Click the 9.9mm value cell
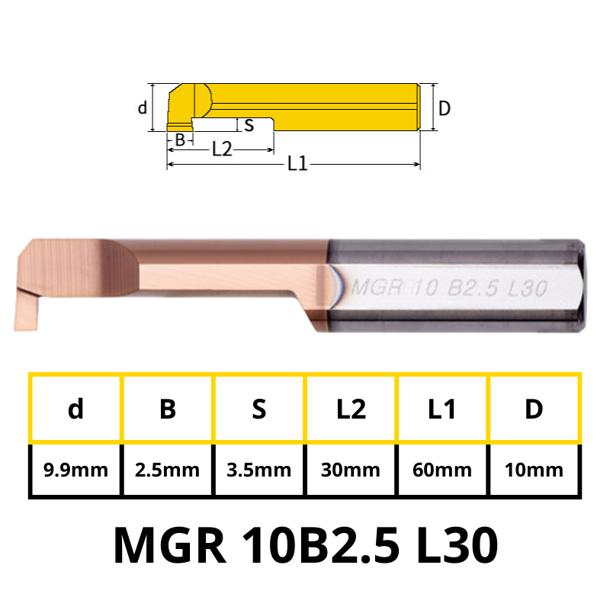coord(75,470)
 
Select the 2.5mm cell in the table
coord(167,470)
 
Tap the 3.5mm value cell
coord(259,470)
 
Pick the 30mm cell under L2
coord(351,470)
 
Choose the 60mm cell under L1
coord(442,470)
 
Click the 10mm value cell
coord(534,470)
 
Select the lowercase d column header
coord(75,409)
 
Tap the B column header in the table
coord(167,409)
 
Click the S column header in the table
coord(259,409)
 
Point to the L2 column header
coord(351,409)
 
